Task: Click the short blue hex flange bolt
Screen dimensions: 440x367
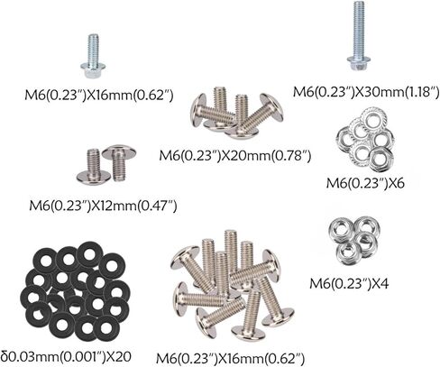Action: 93,57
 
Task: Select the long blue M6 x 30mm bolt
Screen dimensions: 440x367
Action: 359,36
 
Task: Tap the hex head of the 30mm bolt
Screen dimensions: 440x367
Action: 359,63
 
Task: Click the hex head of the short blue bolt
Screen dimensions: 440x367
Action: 93,70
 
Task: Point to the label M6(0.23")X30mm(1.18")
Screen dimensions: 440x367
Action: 366,92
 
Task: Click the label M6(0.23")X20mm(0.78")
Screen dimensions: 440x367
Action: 234,156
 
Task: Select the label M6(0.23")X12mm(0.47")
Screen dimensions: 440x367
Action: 103,206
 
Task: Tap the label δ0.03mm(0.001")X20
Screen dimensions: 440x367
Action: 66,356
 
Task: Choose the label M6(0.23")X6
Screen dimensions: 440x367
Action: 365,183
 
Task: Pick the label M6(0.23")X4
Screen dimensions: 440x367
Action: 349,283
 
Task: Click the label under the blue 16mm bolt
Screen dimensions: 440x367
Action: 99,96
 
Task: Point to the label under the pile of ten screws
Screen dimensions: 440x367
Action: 230,358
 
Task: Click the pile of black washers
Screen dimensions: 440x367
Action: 75,291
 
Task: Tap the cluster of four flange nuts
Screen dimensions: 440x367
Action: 354,242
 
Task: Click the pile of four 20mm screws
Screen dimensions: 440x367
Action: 237,113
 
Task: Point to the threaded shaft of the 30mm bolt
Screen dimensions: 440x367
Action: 359,29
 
